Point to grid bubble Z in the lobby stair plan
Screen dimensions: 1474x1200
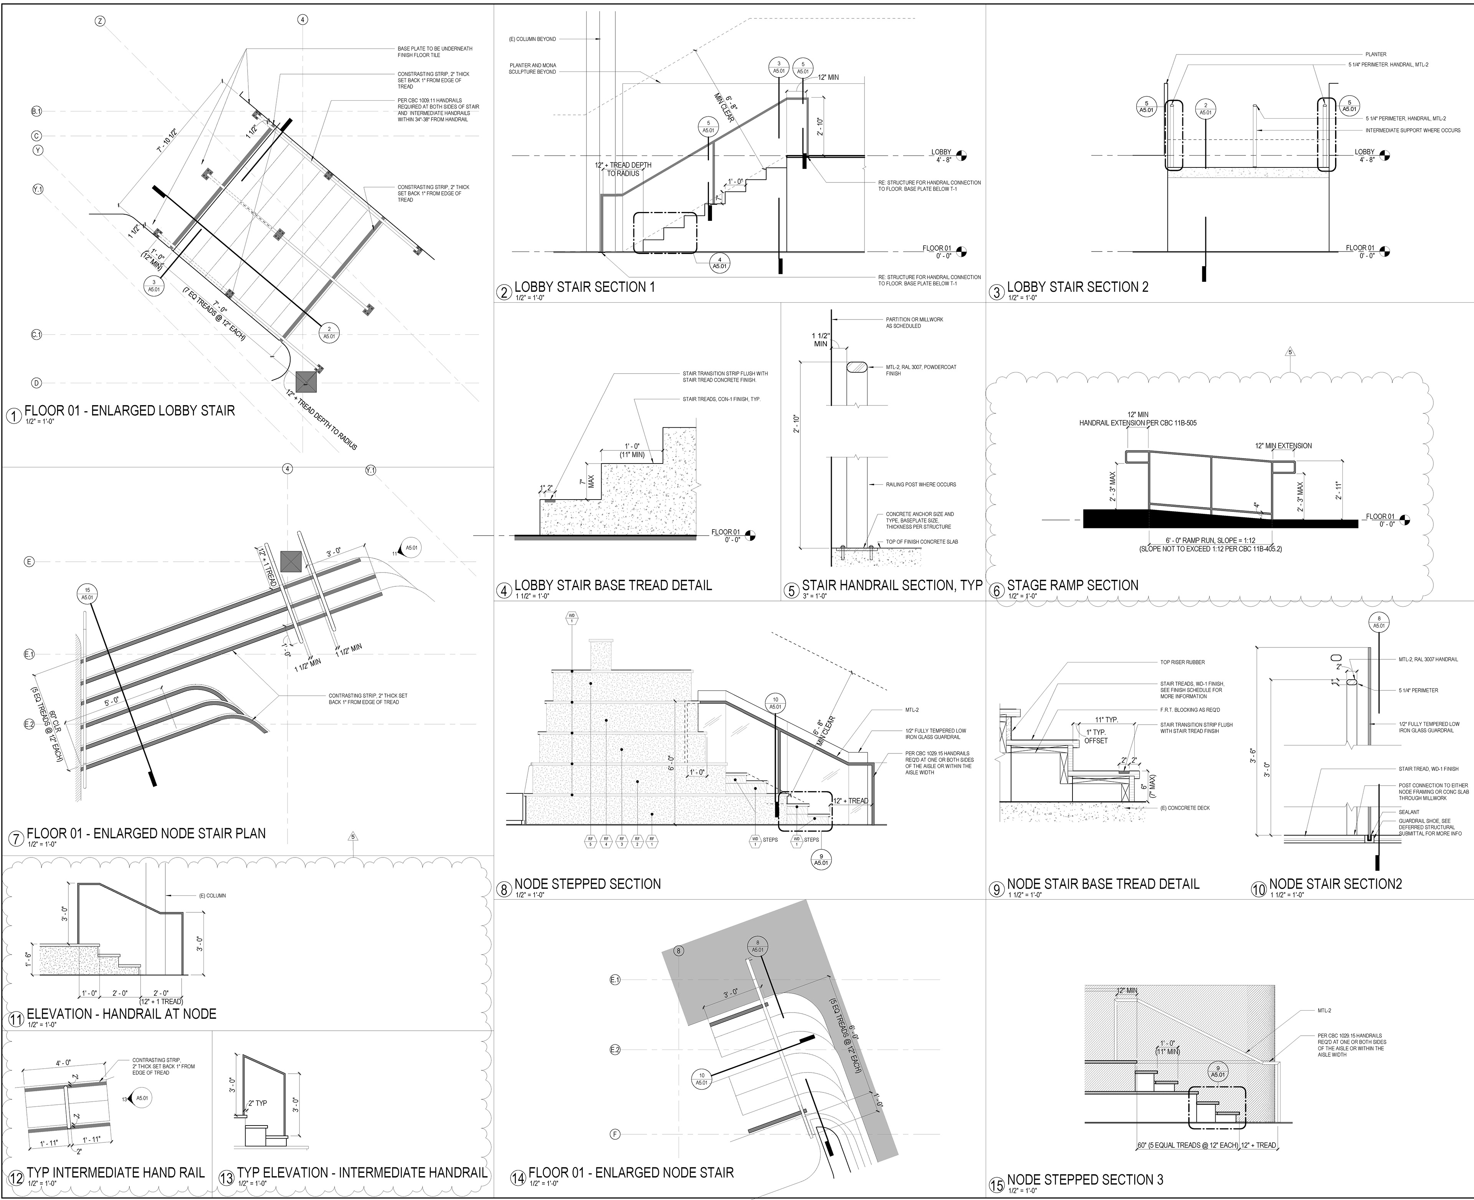pos(100,21)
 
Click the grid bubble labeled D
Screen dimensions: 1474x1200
pos(36,383)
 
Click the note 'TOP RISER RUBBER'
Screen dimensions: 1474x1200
pos(1182,662)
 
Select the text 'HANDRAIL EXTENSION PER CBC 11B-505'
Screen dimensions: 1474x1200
pos(1137,423)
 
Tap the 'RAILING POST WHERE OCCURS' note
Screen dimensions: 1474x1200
pos(920,485)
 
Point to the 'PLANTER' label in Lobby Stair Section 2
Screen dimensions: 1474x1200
pos(1375,54)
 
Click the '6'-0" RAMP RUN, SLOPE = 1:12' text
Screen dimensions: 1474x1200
pos(1210,541)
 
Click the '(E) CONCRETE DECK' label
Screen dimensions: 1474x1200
pos(1185,808)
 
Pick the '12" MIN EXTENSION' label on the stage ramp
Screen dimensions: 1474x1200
pos(1283,446)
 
